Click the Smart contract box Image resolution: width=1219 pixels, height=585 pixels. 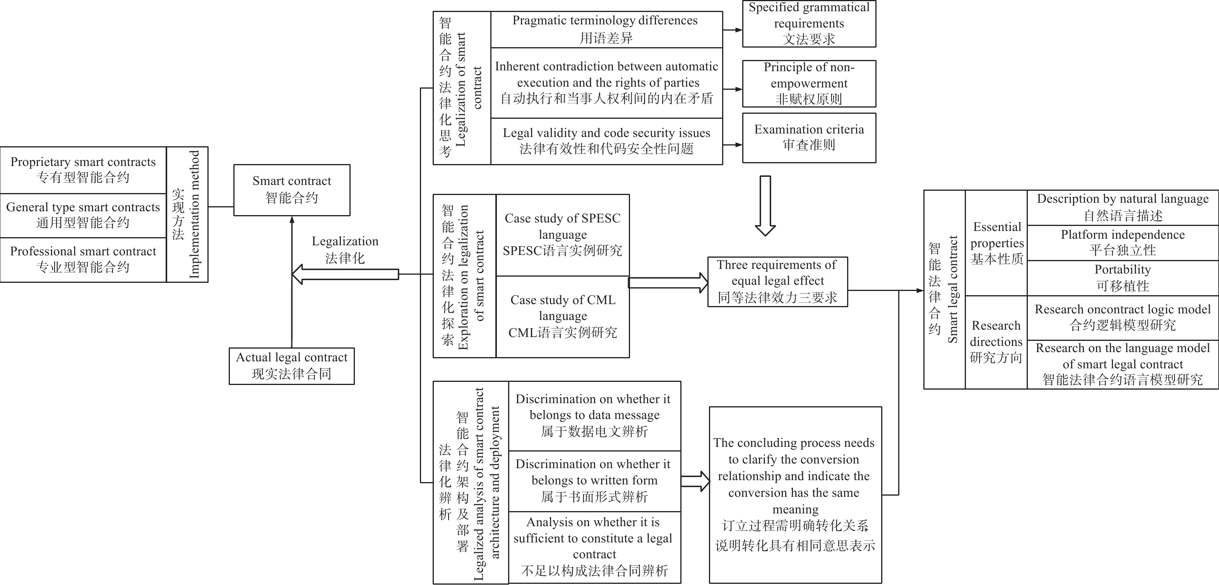click(291, 190)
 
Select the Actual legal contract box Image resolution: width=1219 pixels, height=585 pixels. click(291, 366)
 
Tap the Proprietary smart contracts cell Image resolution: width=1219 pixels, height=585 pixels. click(83, 169)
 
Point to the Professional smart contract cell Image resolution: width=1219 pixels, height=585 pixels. click(83, 259)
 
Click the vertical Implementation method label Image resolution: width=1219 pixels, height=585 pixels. click(187, 214)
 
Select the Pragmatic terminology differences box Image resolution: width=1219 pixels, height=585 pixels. click(606, 29)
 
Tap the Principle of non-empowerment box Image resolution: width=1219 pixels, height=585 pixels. click(809, 83)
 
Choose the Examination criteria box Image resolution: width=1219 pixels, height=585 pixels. click(809, 137)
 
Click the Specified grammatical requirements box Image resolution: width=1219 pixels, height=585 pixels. click(809, 24)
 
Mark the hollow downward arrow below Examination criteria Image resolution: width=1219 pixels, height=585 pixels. click(765, 206)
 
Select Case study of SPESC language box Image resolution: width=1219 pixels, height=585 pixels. click(562, 235)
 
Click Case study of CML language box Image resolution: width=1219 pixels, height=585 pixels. click(562, 316)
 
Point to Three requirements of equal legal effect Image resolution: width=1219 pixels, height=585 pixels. click(777, 282)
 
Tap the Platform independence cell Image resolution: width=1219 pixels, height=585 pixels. click(1123, 242)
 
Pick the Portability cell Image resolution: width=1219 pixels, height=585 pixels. click(1123, 277)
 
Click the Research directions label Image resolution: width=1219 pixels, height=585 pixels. click(996, 341)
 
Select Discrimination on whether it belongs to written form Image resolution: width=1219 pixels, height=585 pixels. click(594, 481)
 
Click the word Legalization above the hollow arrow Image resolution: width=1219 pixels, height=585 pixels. click(345, 241)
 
